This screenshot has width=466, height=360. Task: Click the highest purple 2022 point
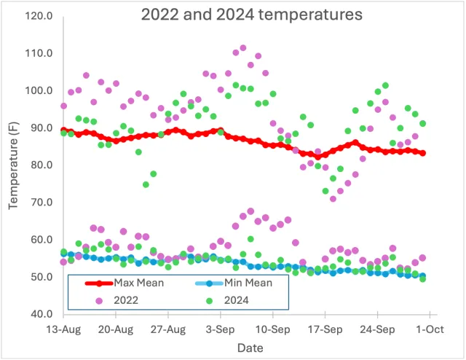(x=243, y=48)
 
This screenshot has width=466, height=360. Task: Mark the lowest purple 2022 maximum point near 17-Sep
(x=333, y=198)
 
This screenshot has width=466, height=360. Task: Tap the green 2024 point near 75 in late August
(x=146, y=184)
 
